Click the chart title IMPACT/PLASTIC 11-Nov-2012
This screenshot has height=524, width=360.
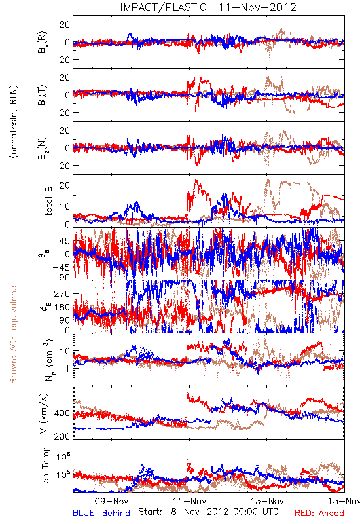pos(208,7)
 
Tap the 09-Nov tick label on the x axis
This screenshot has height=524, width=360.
pos(112,501)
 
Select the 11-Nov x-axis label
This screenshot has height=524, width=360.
pos(190,501)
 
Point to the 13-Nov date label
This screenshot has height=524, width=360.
pos(267,501)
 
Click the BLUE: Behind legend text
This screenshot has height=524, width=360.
pos(101,513)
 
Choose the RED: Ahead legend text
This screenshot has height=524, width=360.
pos(319,513)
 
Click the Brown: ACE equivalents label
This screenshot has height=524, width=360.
pos(13,333)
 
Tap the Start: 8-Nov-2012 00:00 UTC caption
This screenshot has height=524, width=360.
pos(208,512)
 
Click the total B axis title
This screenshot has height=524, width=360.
pos(48,201)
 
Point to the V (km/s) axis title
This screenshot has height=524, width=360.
pos(44,413)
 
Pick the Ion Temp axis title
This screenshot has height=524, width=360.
pos(45,466)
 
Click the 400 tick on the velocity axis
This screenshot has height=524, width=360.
pos(62,413)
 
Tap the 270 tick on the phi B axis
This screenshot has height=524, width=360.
pos(62,293)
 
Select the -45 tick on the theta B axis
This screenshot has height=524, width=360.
pos(61,267)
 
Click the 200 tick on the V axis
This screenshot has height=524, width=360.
pos(62,436)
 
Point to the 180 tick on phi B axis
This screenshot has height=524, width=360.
pos(62,307)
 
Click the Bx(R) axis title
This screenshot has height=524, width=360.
pos(43,43)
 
